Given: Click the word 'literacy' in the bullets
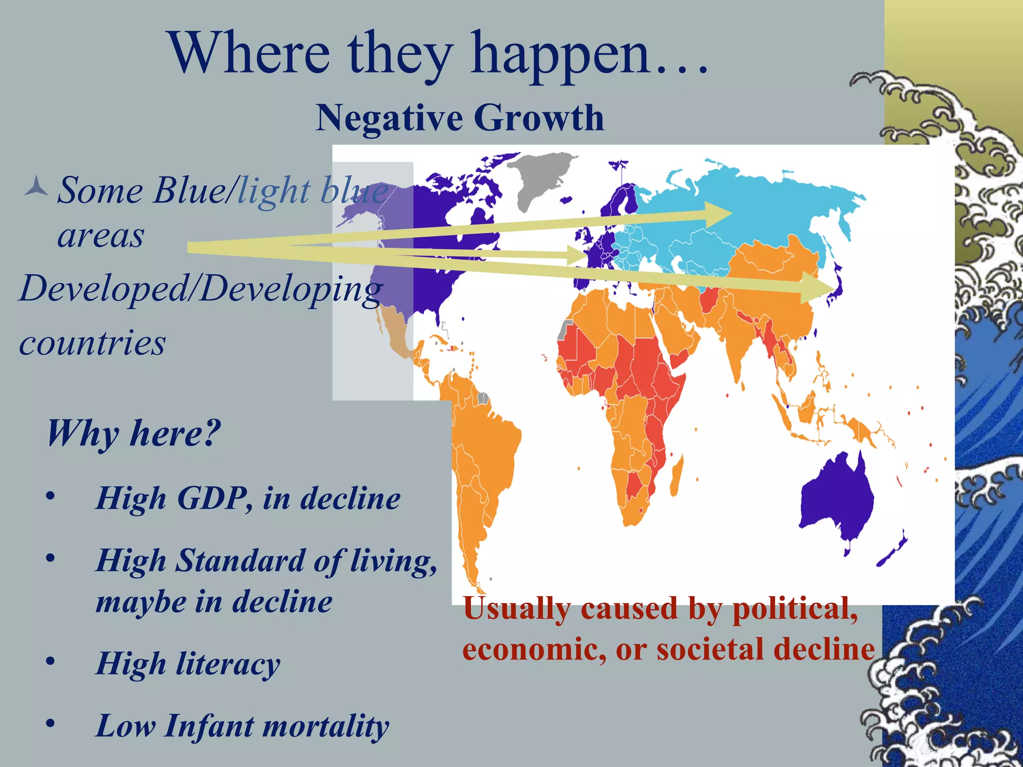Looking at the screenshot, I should click(228, 664).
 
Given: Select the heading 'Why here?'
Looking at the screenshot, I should click(133, 433).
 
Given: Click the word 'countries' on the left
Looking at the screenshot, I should click(92, 344).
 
